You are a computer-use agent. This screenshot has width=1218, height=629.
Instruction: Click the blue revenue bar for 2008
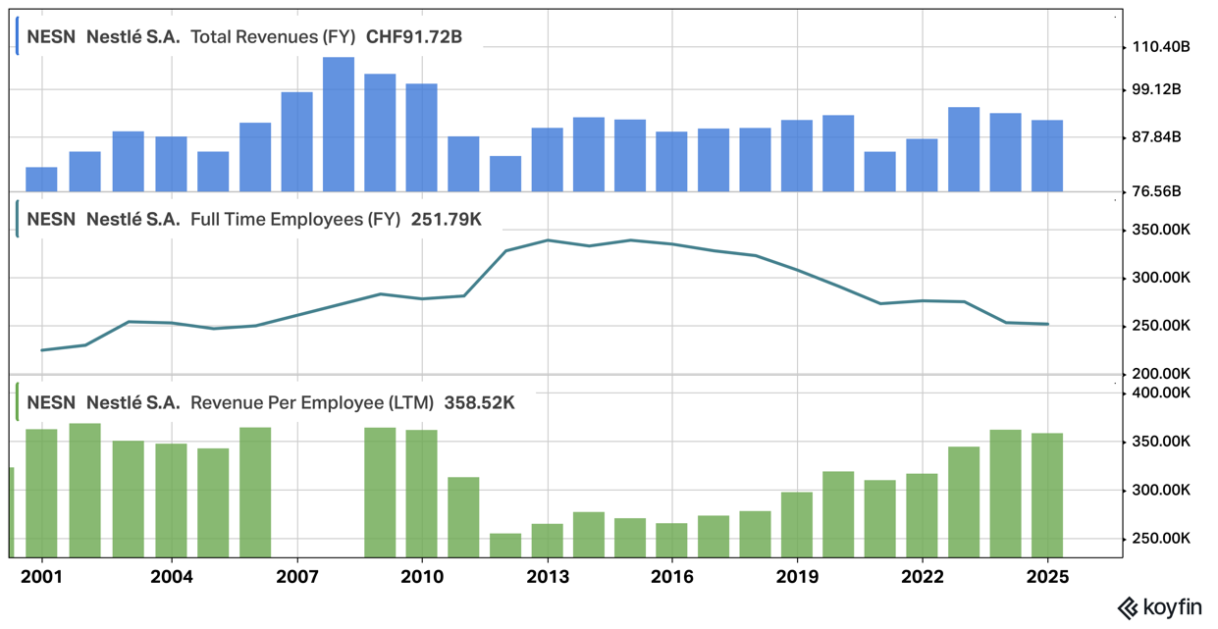coord(339,125)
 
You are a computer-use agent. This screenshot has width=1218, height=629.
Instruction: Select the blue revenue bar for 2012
coord(505,174)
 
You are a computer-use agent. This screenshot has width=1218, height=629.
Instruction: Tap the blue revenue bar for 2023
coord(964,149)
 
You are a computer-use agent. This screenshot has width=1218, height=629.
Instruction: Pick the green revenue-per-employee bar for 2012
coord(505,545)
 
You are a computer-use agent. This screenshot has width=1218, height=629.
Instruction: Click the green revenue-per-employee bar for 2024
coord(1005,493)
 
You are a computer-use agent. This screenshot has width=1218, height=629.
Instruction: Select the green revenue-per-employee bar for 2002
coord(85,490)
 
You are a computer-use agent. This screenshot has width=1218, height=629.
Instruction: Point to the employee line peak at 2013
coord(547,240)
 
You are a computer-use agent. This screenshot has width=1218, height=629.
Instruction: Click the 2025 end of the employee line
coord(1047,324)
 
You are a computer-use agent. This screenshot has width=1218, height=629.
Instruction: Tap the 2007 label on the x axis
coord(296,577)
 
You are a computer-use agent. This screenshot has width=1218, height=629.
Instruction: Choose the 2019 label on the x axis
coord(797,577)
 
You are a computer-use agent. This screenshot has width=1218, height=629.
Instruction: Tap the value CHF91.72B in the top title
coord(413,37)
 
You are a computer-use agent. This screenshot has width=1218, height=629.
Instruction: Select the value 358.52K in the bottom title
coord(479,402)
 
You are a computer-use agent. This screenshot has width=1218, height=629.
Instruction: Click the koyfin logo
coord(1160,608)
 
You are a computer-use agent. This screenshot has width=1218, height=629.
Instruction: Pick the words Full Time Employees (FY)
coord(295,219)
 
